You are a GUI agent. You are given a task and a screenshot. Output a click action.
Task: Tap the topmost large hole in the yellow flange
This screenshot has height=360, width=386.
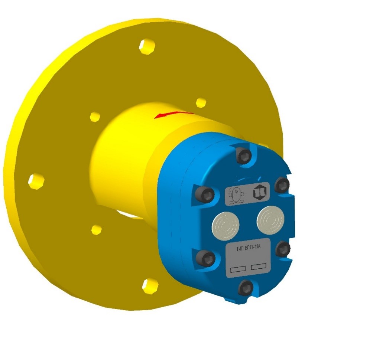pyautogui.click(x=147, y=46)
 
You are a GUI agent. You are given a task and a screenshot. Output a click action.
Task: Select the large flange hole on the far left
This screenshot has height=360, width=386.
pyautogui.click(x=36, y=181)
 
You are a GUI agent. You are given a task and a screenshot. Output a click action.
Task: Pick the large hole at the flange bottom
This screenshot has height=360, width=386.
pyautogui.click(x=150, y=285)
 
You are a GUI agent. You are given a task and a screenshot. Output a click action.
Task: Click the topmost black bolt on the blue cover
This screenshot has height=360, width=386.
pyautogui.click(x=244, y=156)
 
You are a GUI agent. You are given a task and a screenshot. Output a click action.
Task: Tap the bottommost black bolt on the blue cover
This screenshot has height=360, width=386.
pyautogui.click(x=246, y=288)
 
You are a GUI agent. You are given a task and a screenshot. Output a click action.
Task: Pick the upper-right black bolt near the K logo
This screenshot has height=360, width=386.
pyautogui.click(x=282, y=184)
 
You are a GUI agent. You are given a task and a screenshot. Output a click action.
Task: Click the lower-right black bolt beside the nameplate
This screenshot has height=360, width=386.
pyautogui.click(x=283, y=248)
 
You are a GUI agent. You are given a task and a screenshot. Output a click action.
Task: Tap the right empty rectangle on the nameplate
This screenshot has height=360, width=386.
pyautogui.click(x=259, y=266)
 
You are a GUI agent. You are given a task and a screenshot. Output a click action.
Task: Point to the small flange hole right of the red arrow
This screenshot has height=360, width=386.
pyautogui.click(x=201, y=102)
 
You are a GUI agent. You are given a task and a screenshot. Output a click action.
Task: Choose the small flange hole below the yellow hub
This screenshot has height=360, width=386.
pyautogui.click(x=97, y=229)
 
